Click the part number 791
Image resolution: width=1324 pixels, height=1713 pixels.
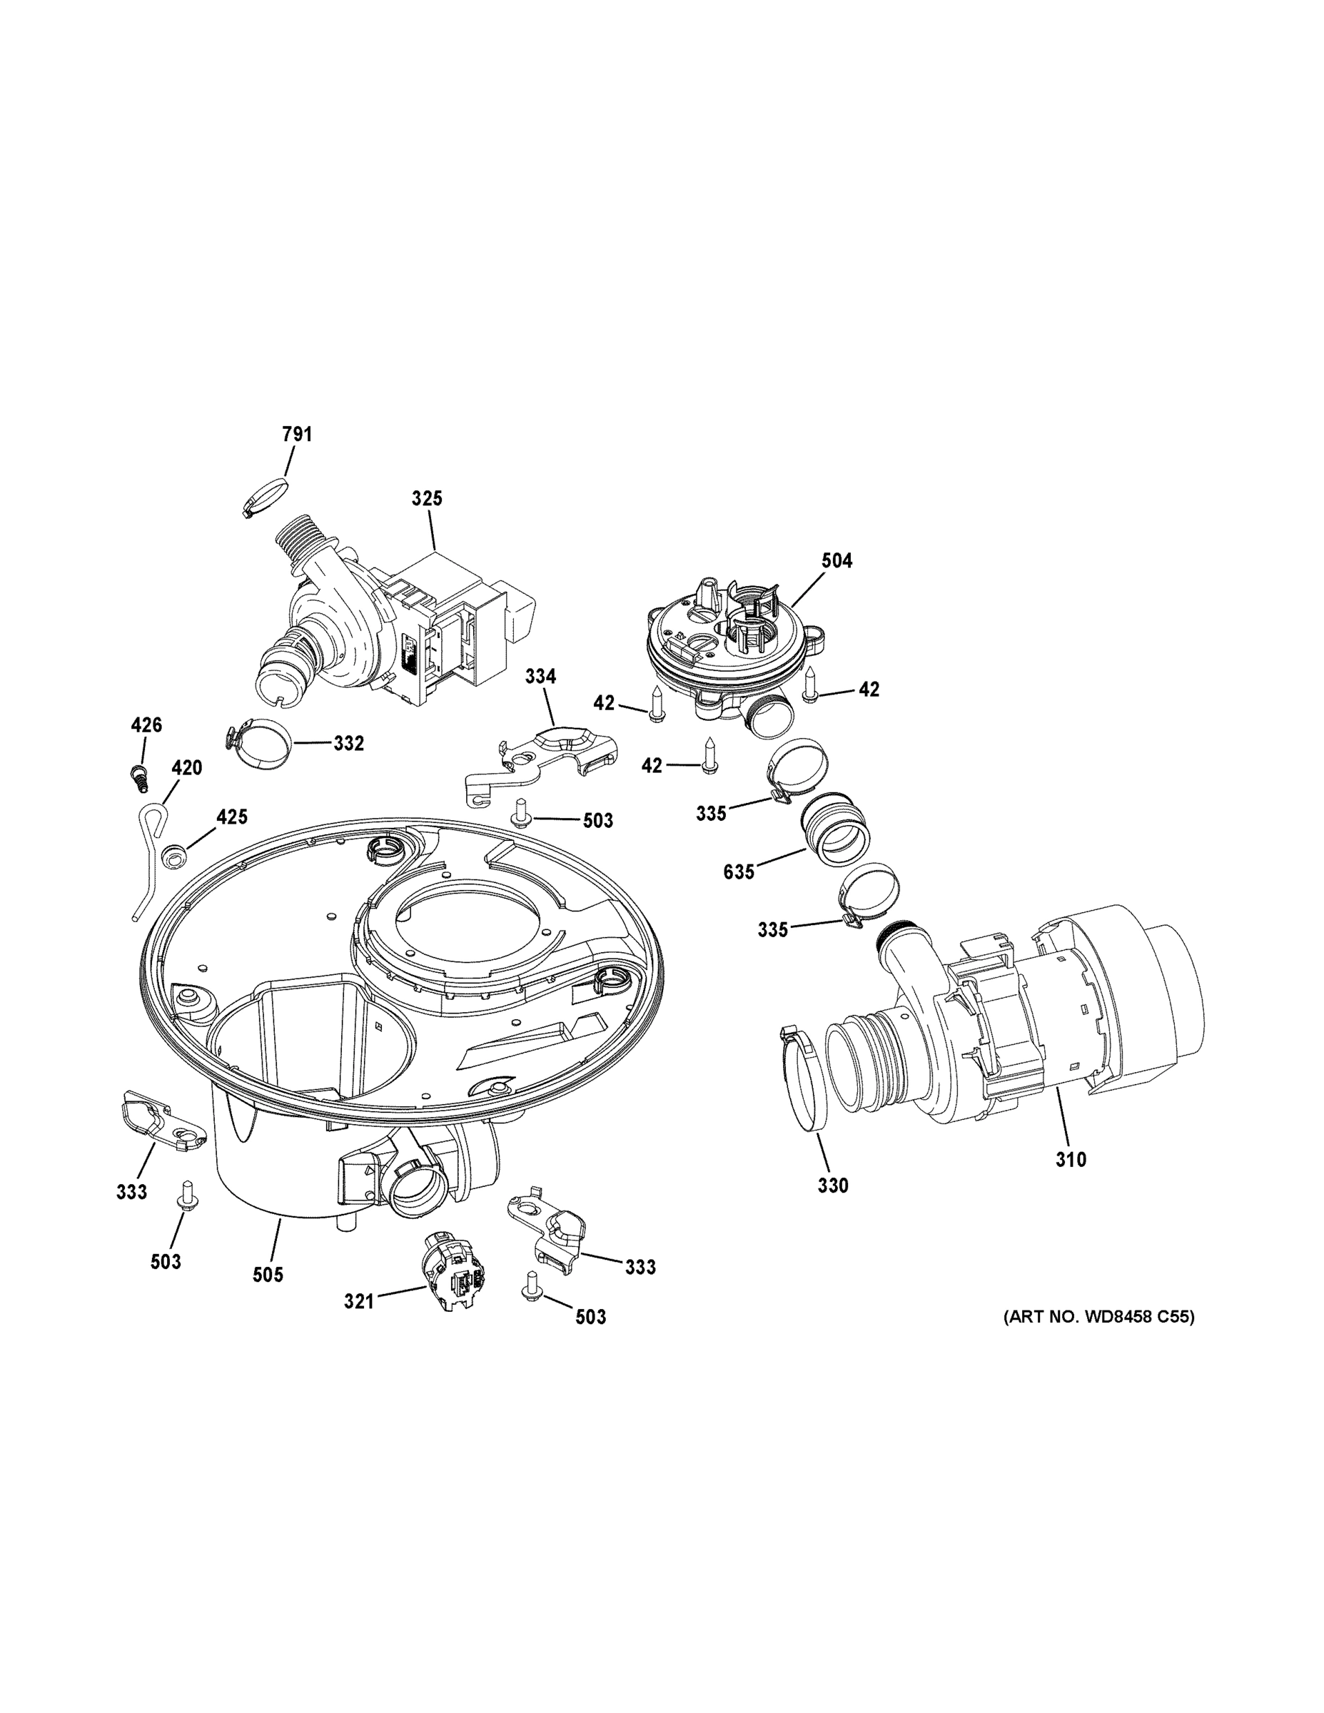pos(296,434)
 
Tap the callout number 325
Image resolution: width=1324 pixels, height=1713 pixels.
pos(427,498)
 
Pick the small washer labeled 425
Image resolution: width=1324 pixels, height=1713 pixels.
pos(174,857)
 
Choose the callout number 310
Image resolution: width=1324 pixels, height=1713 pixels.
pos(1070,1158)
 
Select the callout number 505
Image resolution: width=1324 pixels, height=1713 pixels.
pos(268,1275)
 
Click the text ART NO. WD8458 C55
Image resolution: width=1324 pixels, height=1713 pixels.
pos(1099,1317)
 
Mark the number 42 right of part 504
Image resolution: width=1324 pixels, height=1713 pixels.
pos(869,689)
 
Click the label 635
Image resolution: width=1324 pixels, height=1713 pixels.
pos(738,871)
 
